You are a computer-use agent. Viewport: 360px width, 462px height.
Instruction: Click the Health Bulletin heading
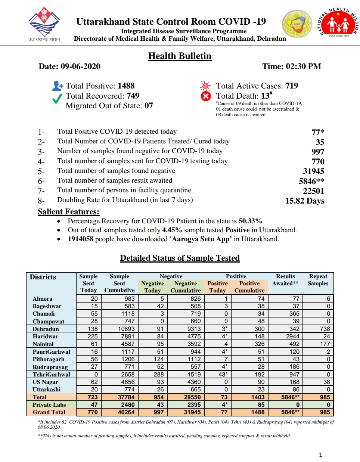click(180, 56)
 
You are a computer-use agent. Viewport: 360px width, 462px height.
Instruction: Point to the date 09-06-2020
click(80, 66)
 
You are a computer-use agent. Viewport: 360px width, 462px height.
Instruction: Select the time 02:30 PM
click(303, 66)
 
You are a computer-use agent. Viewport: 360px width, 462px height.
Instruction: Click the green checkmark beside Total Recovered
click(57, 98)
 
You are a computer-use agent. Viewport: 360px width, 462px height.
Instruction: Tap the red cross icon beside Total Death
click(206, 96)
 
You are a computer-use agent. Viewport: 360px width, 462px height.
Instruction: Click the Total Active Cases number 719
click(292, 86)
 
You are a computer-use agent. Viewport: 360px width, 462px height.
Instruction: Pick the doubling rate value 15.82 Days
click(305, 201)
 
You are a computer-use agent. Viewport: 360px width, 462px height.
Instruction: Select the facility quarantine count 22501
click(314, 191)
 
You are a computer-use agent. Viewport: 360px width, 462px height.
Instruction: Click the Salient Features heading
click(68, 212)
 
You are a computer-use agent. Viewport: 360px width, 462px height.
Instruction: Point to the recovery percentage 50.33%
click(250, 221)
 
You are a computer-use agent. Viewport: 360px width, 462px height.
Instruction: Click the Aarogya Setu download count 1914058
click(80, 239)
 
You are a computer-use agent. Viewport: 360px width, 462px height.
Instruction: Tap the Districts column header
click(43, 277)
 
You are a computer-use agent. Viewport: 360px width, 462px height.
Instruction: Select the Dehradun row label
click(46, 329)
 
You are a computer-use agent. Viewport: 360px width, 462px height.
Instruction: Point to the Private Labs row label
click(49, 405)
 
